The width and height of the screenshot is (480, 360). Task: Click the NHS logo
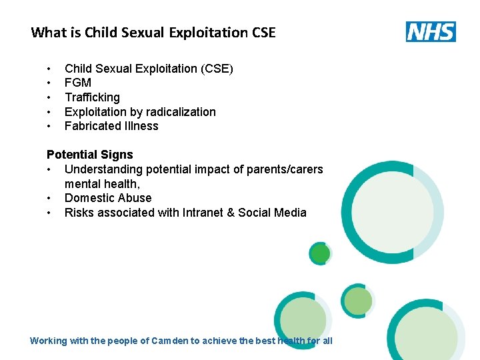[x=431, y=31]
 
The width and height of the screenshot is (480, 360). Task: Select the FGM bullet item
[x=78, y=83]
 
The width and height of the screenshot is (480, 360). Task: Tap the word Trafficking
[x=92, y=97]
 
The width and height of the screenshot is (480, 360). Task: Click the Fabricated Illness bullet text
[x=111, y=126]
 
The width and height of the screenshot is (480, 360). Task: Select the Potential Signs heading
[x=90, y=155]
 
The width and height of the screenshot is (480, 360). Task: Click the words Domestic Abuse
[x=108, y=198]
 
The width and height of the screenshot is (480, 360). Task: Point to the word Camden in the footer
[x=169, y=341]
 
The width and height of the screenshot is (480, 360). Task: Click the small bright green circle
[x=321, y=253]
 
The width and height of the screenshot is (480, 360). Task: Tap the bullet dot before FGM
[x=49, y=83]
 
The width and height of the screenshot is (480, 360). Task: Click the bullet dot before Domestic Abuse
[x=49, y=199]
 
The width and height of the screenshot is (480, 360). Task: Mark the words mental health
[x=101, y=184]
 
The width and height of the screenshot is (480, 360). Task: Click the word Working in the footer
[x=49, y=341]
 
